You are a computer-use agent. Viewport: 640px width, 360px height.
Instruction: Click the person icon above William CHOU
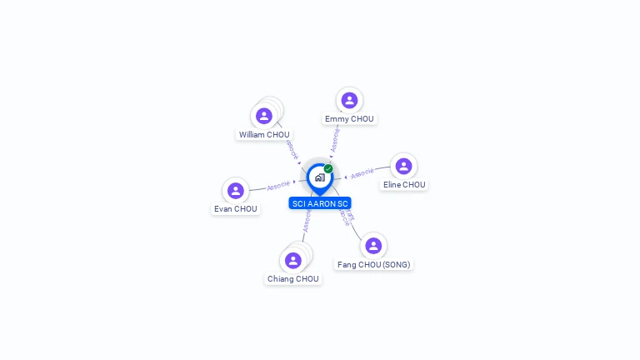(x=264, y=116)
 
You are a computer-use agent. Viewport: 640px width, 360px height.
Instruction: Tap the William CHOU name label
(x=264, y=134)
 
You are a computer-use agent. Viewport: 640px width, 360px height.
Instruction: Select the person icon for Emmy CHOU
(x=349, y=101)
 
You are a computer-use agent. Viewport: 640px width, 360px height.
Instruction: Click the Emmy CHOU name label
(x=349, y=119)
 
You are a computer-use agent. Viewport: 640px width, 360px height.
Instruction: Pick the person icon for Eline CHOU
(x=403, y=167)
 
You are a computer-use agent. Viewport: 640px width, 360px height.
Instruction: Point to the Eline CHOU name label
(x=404, y=185)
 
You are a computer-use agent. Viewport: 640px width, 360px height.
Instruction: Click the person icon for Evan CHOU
(x=236, y=191)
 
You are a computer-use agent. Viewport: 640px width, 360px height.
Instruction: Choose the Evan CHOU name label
(x=236, y=209)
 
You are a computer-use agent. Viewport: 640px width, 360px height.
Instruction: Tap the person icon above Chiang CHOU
(x=292, y=261)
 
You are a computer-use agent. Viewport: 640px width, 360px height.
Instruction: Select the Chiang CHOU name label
(x=293, y=279)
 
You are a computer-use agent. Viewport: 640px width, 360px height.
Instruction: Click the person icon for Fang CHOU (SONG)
(x=373, y=246)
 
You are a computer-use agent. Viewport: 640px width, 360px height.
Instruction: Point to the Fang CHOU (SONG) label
(x=373, y=265)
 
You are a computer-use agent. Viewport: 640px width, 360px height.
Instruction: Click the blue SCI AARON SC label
(x=320, y=203)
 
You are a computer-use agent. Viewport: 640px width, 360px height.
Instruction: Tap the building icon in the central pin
(x=319, y=177)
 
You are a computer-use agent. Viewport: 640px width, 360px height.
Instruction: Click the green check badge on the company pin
(x=328, y=168)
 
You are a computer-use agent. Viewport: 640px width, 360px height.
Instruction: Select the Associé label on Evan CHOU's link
(x=278, y=184)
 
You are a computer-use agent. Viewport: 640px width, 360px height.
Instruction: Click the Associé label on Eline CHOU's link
(x=362, y=173)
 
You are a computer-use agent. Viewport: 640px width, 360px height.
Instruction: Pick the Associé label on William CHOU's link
(x=292, y=149)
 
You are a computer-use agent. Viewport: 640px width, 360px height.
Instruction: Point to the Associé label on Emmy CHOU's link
(x=335, y=140)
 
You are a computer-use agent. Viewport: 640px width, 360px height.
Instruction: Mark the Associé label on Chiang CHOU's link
(x=307, y=221)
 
